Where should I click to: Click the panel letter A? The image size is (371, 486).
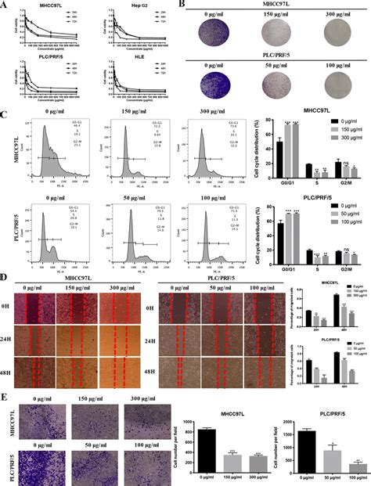(x=5, y=5)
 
